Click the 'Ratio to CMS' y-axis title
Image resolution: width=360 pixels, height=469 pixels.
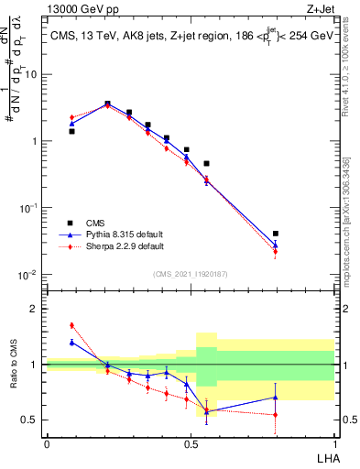[x=13, y=365]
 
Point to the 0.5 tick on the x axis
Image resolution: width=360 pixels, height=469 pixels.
[x=191, y=443]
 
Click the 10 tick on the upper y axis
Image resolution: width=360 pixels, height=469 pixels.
[x=33, y=74]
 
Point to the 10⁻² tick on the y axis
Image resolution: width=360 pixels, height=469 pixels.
[x=30, y=275]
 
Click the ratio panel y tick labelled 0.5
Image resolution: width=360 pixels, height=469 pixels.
[x=32, y=420]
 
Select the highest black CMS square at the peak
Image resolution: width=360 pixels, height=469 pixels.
[x=107, y=104]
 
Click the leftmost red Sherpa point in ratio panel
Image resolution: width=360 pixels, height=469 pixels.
[x=71, y=325]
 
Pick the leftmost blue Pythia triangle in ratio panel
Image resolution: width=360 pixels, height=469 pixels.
[x=71, y=342]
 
